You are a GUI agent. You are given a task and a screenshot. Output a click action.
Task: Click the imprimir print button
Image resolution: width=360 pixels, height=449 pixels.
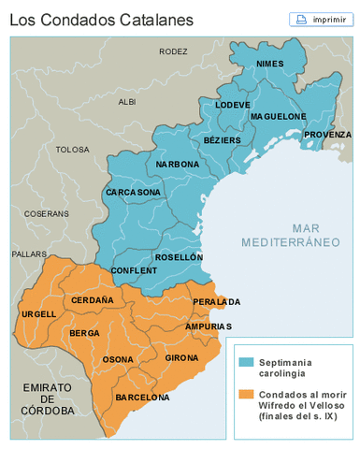[324, 19]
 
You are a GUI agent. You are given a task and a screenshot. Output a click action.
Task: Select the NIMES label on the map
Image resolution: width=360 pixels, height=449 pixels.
[269, 64]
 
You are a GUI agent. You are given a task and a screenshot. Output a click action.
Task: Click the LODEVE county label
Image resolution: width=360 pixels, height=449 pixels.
[233, 105]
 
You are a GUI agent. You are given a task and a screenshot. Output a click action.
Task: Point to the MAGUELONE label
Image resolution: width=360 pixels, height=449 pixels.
[278, 117]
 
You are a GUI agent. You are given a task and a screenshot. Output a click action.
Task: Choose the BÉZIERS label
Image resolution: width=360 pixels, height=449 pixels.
[222, 139]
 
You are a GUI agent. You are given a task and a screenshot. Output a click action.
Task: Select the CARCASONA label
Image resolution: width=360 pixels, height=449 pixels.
[133, 192]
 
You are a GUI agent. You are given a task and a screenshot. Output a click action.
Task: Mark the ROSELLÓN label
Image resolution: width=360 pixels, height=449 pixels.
[179, 256]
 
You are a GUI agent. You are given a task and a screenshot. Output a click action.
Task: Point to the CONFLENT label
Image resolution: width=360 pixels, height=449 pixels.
[134, 270]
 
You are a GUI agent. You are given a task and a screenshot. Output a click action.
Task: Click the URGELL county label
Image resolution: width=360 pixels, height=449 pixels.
[38, 313]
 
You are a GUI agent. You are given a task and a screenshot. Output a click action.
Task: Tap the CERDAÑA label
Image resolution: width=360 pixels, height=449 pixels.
[92, 300]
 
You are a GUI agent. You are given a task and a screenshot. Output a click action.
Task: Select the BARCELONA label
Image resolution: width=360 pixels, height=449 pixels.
[142, 398]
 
